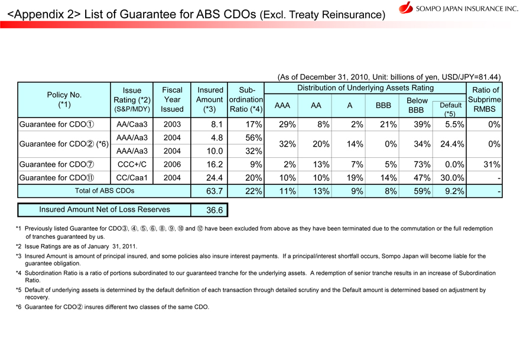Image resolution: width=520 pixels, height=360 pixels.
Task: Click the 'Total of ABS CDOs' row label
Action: pyautogui.click(x=74, y=191)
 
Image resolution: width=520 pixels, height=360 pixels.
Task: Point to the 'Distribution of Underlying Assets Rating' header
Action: pyautogui.click(x=365, y=88)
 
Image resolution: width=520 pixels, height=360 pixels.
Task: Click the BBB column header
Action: pyautogui.click(x=383, y=105)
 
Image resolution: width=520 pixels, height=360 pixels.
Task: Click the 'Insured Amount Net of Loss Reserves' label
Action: pyautogui.click(x=105, y=209)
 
